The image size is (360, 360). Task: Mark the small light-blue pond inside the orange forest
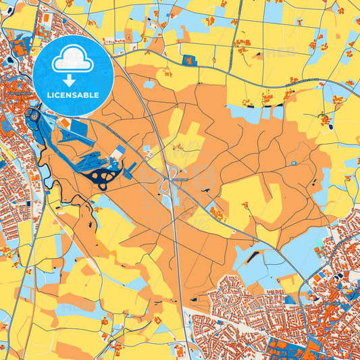(293, 163)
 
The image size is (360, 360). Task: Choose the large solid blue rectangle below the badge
(79, 126)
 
